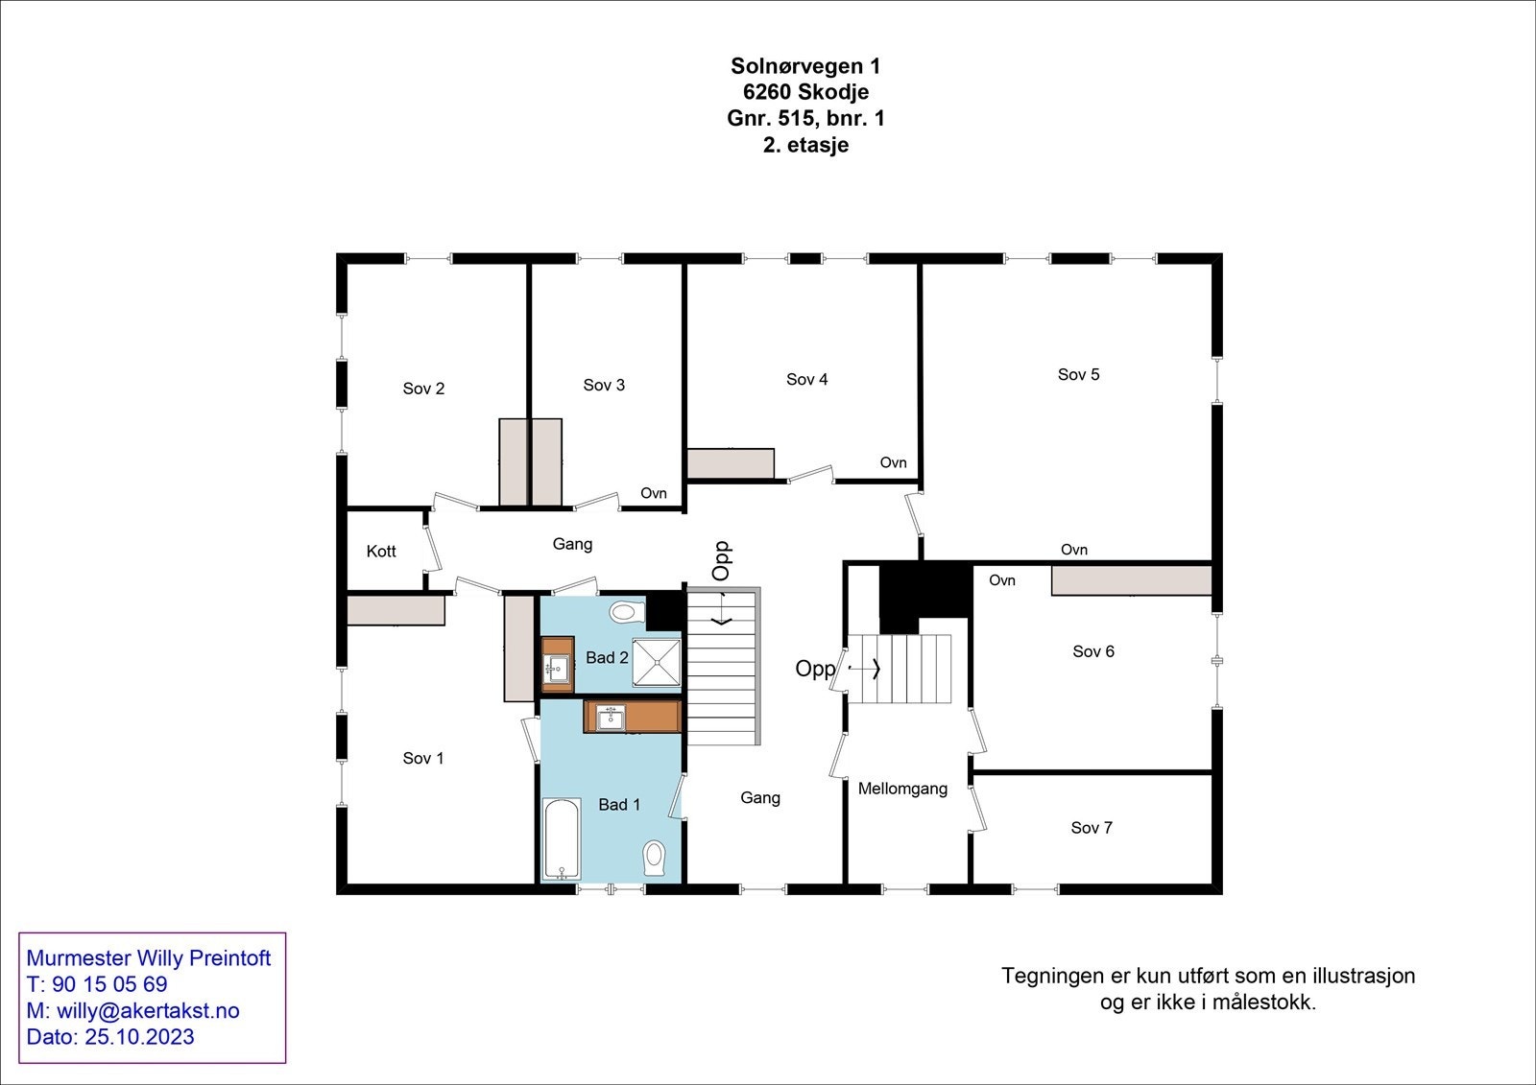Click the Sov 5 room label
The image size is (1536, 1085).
tap(1078, 374)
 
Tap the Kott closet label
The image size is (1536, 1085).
tap(381, 552)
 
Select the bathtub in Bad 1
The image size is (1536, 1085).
tap(562, 838)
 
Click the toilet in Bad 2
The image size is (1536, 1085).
tap(625, 611)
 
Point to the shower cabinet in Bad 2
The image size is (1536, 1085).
tap(658, 662)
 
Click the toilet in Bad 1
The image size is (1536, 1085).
tap(656, 856)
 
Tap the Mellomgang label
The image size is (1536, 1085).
tap(902, 789)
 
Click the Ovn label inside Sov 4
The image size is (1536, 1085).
tap(893, 462)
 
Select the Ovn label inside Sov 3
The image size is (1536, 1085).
tap(654, 493)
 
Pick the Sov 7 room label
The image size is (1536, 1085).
tap(1092, 828)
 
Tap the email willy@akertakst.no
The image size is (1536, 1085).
tap(148, 1011)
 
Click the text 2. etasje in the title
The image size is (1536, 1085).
tap(805, 146)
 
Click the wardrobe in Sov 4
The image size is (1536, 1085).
tap(731, 463)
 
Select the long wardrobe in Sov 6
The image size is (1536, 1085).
tap(1131, 580)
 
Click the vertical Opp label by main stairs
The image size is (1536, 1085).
tap(722, 561)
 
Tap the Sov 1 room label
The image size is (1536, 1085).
tap(423, 758)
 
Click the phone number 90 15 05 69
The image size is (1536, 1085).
tap(109, 984)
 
